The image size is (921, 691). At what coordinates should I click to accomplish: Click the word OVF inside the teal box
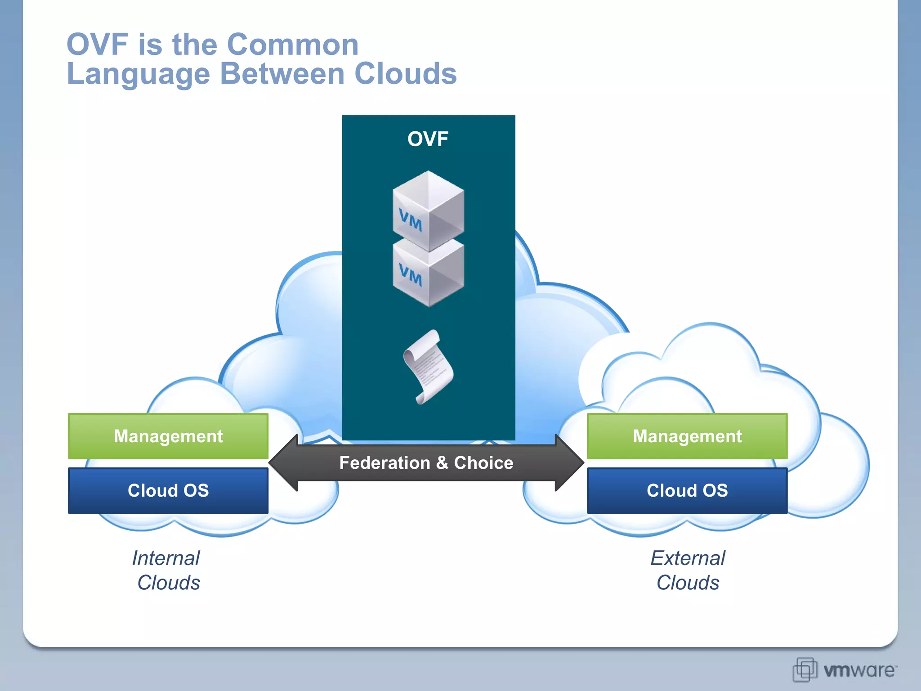(x=428, y=139)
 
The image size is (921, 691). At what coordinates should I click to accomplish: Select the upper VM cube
(x=428, y=211)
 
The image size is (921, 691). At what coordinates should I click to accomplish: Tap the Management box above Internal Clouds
(x=168, y=436)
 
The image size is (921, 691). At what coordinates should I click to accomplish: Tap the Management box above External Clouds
(x=687, y=436)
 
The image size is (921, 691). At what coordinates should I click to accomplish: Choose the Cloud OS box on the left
(x=168, y=490)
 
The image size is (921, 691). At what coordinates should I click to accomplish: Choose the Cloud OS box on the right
(x=687, y=490)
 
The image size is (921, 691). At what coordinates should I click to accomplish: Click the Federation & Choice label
(x=426, y=463)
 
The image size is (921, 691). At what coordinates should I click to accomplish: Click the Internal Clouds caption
(x=167, y=570)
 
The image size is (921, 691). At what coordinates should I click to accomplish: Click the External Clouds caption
(x=688, y=570)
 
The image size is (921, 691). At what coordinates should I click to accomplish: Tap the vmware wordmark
(x=859, y=670)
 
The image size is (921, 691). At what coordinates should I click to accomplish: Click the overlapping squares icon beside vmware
(x=804, y=669)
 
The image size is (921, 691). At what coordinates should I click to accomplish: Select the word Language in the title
(x=139, y=74)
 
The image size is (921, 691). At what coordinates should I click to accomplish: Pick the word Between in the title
(x=282, y=73)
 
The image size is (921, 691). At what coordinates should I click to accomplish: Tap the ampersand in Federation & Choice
(x=442, y=463)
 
